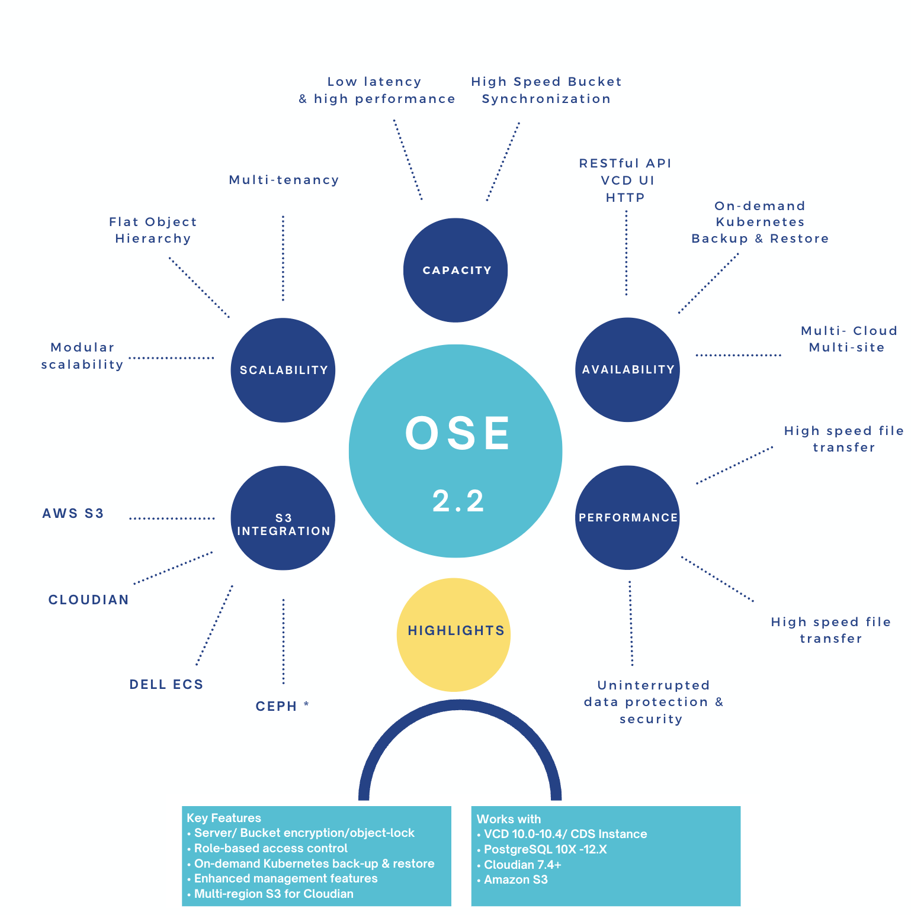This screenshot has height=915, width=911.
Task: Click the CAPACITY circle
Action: pos(455,270)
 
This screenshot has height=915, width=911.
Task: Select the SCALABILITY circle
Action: pos(283,370)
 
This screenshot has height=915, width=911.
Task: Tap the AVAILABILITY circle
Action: pos(628,370)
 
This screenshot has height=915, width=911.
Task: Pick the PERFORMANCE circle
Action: pos(628,518)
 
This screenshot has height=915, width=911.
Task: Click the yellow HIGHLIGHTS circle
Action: pos(454,634)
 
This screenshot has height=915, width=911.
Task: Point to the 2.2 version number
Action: pos(458,501)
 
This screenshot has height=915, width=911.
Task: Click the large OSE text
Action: pos(457,433)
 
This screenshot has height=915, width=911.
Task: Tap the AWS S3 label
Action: pos(73,514)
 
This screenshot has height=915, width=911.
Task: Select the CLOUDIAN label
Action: pos(88,600)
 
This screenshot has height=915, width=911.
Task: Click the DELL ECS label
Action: pos(166,685)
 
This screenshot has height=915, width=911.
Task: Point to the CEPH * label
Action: pos(282,706)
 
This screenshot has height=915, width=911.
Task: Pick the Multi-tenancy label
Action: pos(284,180)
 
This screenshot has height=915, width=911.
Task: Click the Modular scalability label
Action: pos(82,356)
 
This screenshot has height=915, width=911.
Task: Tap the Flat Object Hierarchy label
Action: pos(153,230)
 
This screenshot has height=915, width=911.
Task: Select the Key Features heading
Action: pos(224,818)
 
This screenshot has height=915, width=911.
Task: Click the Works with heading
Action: pos(509,819)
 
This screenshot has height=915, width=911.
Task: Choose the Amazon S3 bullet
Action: pos(515,879)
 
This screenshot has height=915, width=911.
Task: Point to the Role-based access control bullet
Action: pos(271,848)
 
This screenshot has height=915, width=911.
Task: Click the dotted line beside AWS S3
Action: pos(172,518)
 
